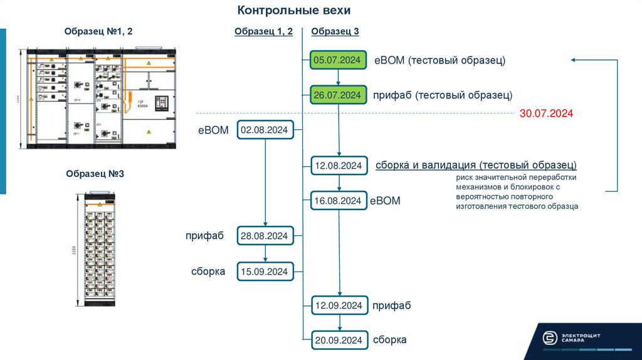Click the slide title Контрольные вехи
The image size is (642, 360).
point(294,11)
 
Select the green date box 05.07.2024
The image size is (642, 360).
point(338,60)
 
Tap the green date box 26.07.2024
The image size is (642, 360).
point(338,95)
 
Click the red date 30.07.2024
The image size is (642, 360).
point(547,114)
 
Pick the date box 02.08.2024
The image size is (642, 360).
point(263,130)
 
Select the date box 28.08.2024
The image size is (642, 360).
point(263,236)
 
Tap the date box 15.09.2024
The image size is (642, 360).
point(263,272)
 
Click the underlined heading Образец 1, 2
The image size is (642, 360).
point(263,32)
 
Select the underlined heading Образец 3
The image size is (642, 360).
point(335,32)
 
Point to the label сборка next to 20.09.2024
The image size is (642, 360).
point(389,340)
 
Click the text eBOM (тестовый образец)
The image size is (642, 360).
point(439,60)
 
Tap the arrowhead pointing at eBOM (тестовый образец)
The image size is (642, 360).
point(574,60)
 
